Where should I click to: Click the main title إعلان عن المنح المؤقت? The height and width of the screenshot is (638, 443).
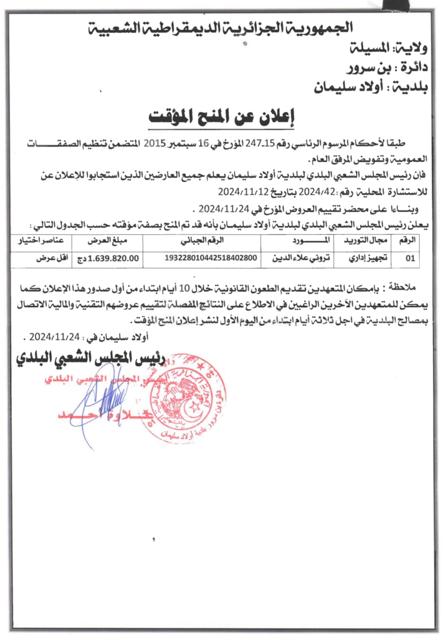(221, 117)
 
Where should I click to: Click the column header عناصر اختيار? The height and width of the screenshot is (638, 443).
(45, 240)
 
